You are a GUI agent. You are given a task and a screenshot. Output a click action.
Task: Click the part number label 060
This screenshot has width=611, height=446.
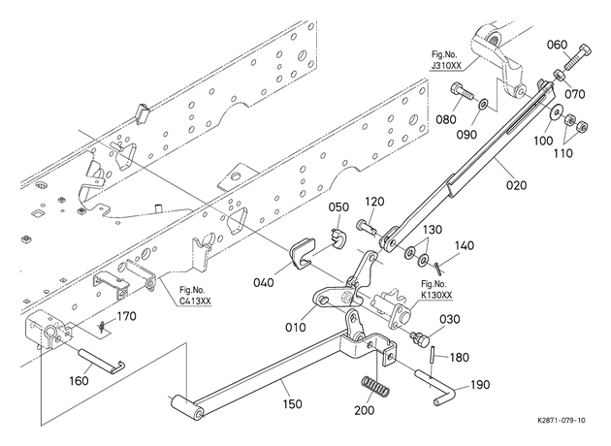(557, 45)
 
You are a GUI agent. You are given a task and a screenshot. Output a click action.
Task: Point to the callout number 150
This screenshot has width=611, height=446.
(292, 404)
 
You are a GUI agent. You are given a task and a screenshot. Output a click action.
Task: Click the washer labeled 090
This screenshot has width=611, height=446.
(484, 104)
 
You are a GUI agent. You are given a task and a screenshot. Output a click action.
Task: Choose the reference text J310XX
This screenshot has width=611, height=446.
(446, 65)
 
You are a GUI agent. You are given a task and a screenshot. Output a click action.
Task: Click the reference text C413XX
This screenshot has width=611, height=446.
(195, 302)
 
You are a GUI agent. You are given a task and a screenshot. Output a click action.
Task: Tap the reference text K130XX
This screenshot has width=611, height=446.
(436, 296)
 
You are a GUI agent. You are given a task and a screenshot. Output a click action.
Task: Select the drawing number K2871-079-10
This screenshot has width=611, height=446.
(562, 420)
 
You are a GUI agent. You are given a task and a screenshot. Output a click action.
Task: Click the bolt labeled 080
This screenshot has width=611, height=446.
(463, 92)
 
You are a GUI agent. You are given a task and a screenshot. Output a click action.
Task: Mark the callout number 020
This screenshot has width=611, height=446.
(516, 184)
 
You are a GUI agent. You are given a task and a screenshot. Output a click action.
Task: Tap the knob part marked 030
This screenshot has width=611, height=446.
(420, 337)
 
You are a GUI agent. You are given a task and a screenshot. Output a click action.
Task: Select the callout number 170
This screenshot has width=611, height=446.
(127, 316)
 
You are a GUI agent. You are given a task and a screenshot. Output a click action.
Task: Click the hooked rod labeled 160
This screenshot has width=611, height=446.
(101, 361)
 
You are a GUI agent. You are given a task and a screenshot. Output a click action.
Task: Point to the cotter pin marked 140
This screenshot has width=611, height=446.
(437, 268)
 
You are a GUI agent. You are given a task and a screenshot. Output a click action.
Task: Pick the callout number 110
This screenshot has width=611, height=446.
(563, 153)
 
